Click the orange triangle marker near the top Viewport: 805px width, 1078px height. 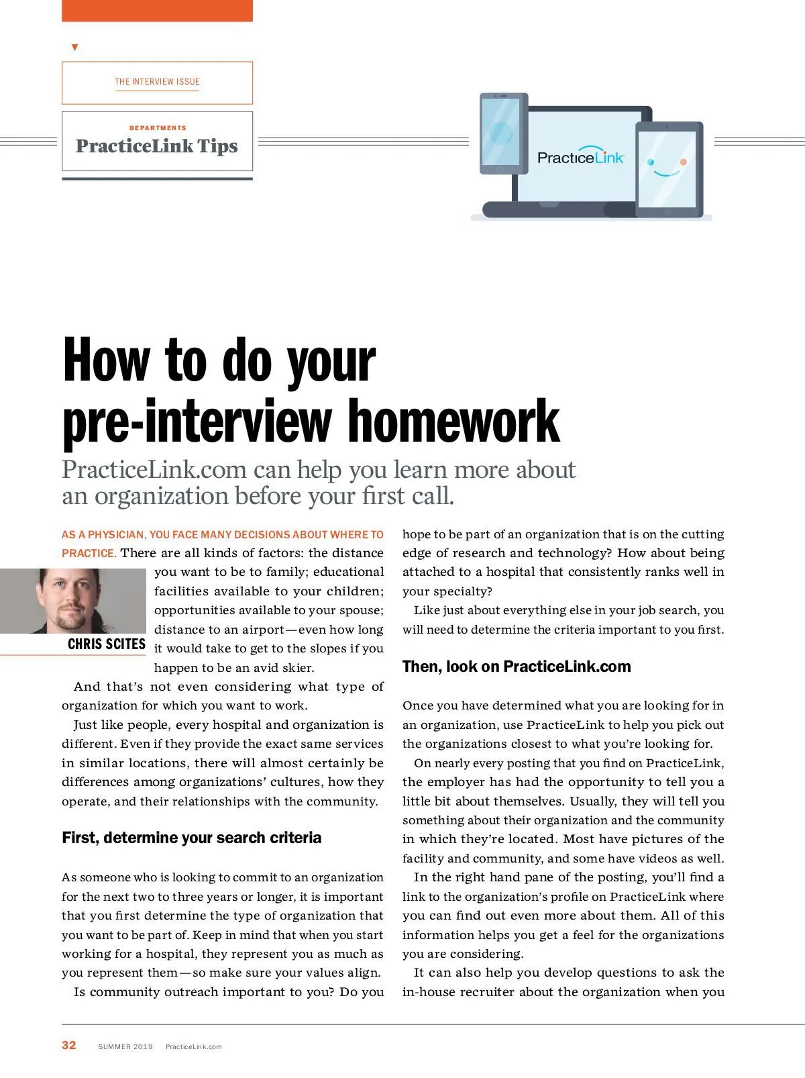(x=74, y=48)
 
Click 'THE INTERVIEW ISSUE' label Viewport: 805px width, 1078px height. (x=157, y=82)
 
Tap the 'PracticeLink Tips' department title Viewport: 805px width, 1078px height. (x=157, y=146)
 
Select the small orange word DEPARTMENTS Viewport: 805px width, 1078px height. (x=158, y=128)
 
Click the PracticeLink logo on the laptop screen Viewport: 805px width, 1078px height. (x=580, y=157)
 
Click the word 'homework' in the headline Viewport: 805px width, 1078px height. (x=453, y=422)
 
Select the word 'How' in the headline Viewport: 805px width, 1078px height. (x=106, y=360)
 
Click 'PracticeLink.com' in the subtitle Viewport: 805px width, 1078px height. (x=154, y=470)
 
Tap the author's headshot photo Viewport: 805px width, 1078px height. (x=72, y=601)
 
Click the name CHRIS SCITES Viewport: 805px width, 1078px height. (x=106, y=644)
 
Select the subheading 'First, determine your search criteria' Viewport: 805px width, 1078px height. (x=191, y=838)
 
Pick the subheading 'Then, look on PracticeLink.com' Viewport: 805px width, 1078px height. (x=517, y=667)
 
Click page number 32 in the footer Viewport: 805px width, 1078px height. (x=69, y=1045)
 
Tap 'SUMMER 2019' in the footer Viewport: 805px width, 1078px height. (x=125, y=1046)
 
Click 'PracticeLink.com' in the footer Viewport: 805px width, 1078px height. (x=193, y=1046)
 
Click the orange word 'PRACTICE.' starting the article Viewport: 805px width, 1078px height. (x=89, y=553)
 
